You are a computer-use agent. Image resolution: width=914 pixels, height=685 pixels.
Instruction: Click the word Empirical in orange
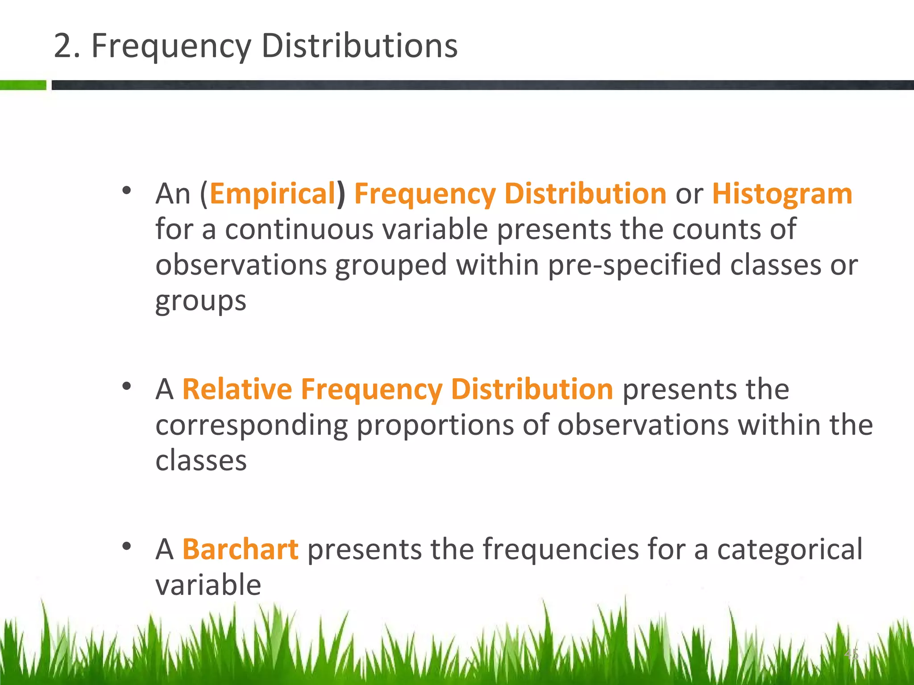pos(272,194)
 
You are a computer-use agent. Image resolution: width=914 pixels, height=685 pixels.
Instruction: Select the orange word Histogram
pos(782,194)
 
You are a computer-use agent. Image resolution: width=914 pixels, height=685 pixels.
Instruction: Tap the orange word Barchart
pos(240,549)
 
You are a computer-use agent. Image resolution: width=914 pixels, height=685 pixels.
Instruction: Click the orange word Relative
pos(237,389)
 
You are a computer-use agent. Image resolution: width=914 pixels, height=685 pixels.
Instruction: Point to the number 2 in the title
pos(63,46)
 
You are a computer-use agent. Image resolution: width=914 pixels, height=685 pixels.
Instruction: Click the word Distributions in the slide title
pos(359,46)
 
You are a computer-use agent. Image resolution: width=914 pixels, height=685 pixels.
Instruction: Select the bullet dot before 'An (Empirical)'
pos(127,191)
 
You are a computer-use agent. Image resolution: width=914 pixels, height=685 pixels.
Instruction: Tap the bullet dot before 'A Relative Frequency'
pos(127,386)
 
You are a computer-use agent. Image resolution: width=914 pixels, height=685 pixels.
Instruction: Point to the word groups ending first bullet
pos(200,301)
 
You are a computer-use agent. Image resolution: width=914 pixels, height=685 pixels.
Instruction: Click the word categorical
pos(789,549)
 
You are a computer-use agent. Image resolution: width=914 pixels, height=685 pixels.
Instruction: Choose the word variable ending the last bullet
pos(208,585)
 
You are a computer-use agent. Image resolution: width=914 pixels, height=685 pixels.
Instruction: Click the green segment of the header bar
pos(23,85)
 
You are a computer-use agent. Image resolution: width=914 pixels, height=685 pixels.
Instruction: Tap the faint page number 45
pos(851,654)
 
